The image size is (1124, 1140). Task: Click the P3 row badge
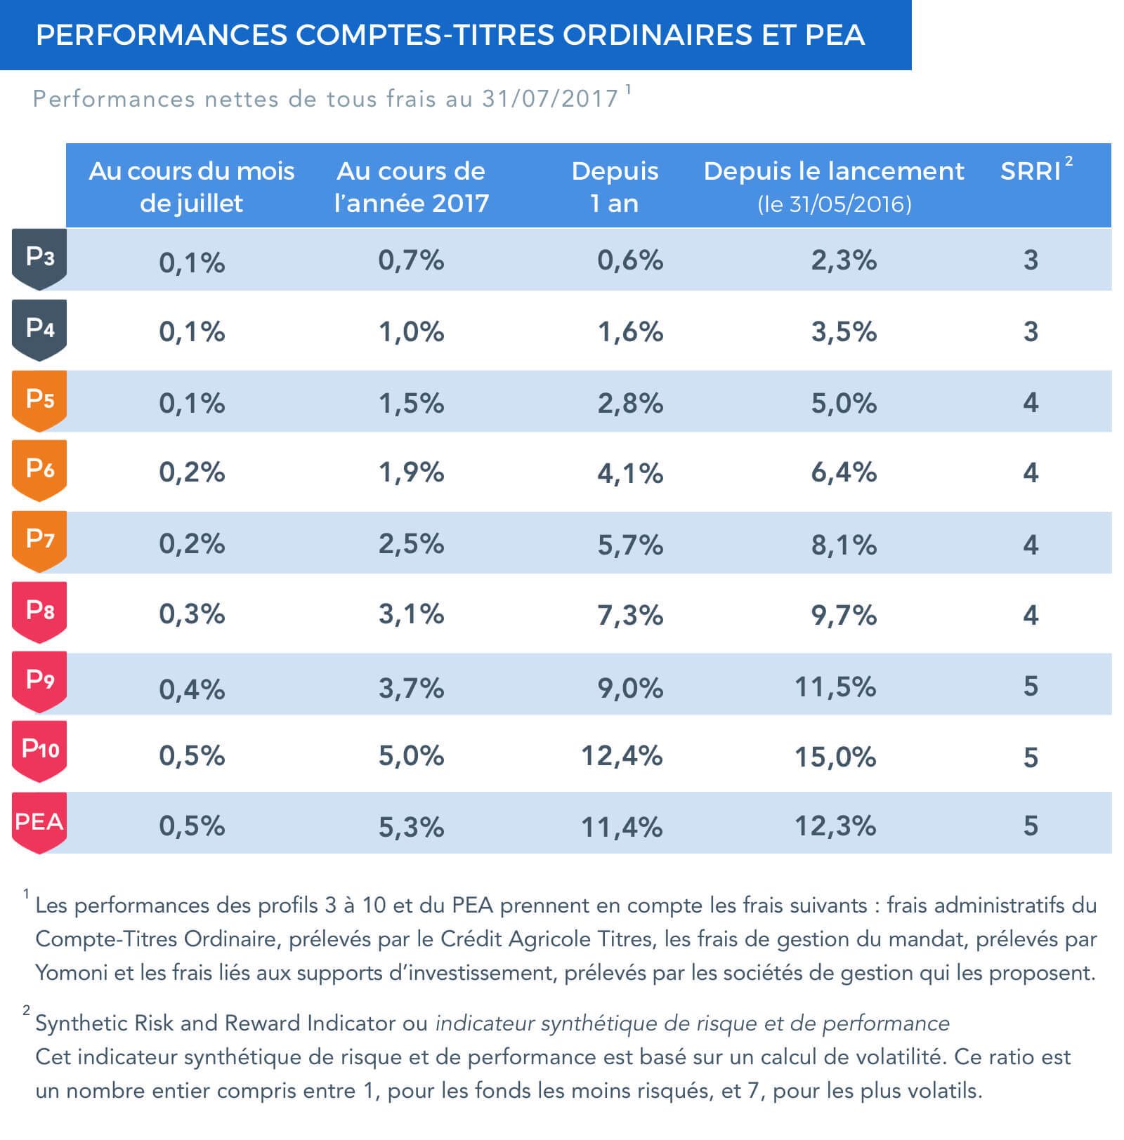[x=39, y=258]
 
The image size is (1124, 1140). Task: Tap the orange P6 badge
[x=39, y=469]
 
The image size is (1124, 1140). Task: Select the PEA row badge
[x=39, y=821]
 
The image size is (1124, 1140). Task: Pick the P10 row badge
[x=39, y=750]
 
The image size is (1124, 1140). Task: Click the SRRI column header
[x=1031, y=171]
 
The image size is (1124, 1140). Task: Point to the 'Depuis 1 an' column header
[x=615, y=187]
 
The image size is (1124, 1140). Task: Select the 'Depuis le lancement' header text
[x=834, y=171]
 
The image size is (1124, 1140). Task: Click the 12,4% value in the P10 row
[x=622, y=756]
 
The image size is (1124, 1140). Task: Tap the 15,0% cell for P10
[x=835, y=757]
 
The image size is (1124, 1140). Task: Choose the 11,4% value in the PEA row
[x=622, y=827]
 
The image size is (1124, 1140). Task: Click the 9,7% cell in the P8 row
[x=844, y=616]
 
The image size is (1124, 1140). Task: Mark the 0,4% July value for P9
[x=192, y=689]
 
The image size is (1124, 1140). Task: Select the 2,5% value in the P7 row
[x=411, y=544]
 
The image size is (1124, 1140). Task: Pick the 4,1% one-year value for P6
[x=630, y=474]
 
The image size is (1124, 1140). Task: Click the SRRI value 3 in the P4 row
[x=1031, y=331]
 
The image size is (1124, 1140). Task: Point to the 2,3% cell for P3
[x=844, y=260]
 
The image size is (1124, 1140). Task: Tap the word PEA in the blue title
[x=835, y=35]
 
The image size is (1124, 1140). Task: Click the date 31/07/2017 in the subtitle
[x=550, y=99]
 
